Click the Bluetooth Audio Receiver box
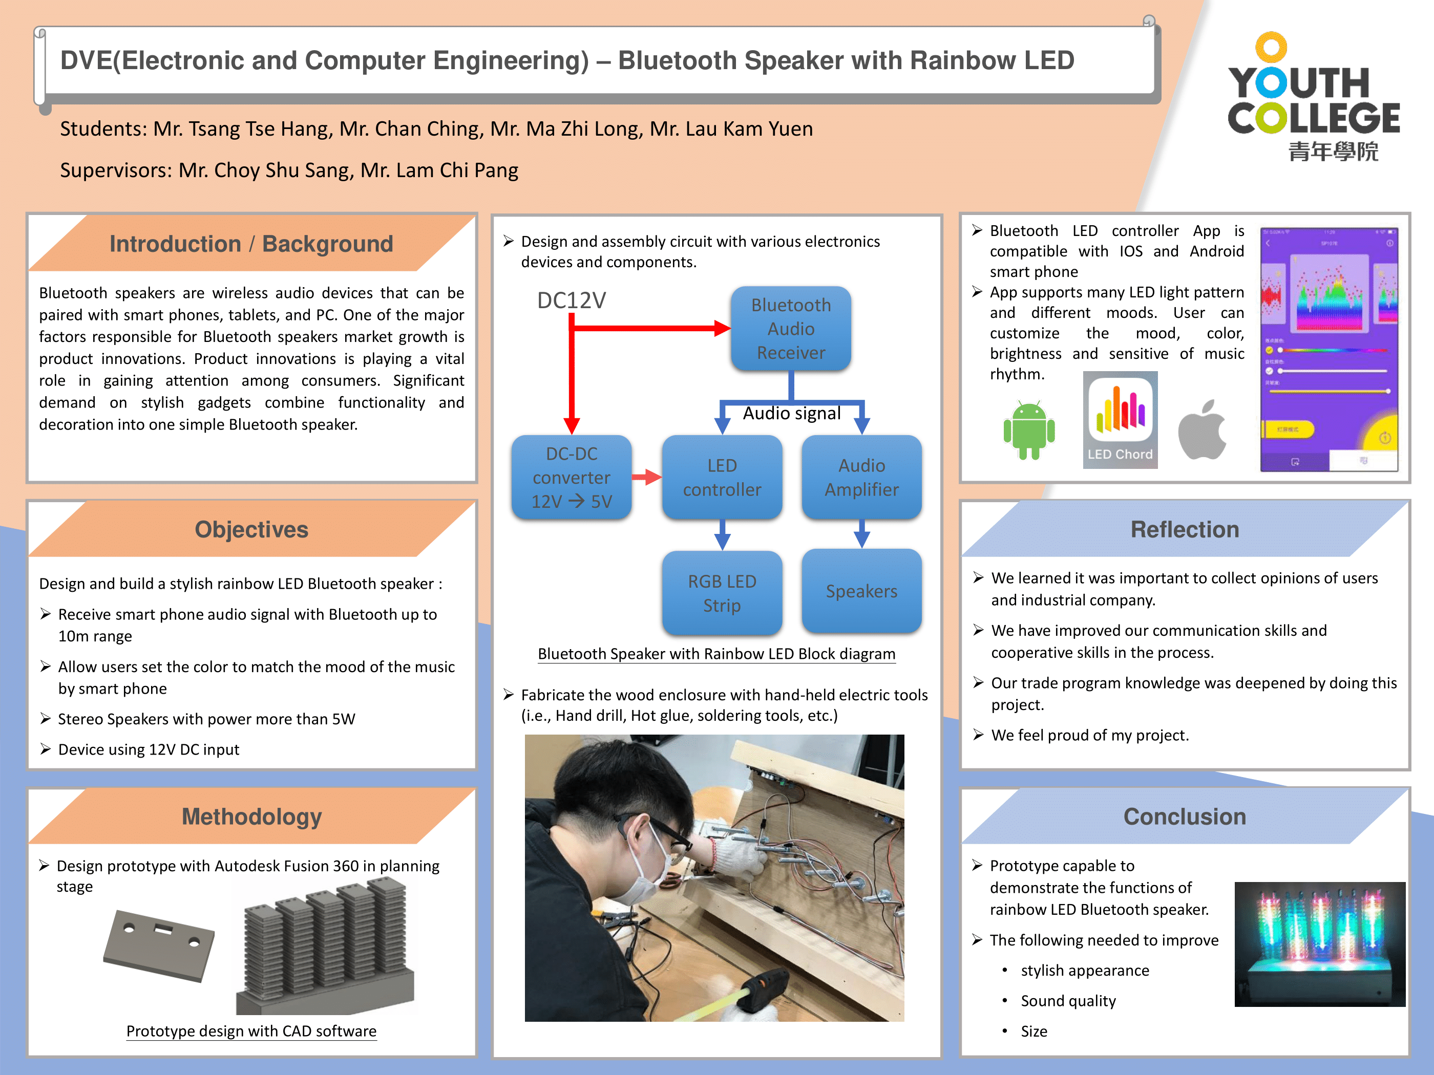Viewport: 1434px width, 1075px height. [x=790, y=329]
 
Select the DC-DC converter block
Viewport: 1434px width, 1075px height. [x=571, y=478]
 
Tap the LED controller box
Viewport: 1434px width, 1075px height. [x=722, y=478]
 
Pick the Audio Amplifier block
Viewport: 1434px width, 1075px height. [x=861, y=478]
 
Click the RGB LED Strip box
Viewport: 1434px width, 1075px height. [x=722, y=593]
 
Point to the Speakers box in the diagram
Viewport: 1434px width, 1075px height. [x=861, y=591]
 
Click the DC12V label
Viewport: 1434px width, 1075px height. [x=571, y=300]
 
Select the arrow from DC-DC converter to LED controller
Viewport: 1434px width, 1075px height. [x=646, y=478]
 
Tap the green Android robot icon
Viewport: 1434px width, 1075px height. [x=1029, y=431]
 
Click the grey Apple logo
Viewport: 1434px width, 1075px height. [x=1203, y=431]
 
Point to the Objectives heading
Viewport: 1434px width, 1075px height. [x=251, y=529]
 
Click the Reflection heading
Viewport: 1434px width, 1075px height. [x=1185, y=529]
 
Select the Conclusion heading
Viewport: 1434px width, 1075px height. [x=1185, y=816]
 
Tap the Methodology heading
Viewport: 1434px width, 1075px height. [x=251, y=816]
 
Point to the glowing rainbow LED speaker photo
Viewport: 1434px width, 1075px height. [x=1319, y=943]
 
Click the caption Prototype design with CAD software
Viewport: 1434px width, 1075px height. [x=251, y=1031]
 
